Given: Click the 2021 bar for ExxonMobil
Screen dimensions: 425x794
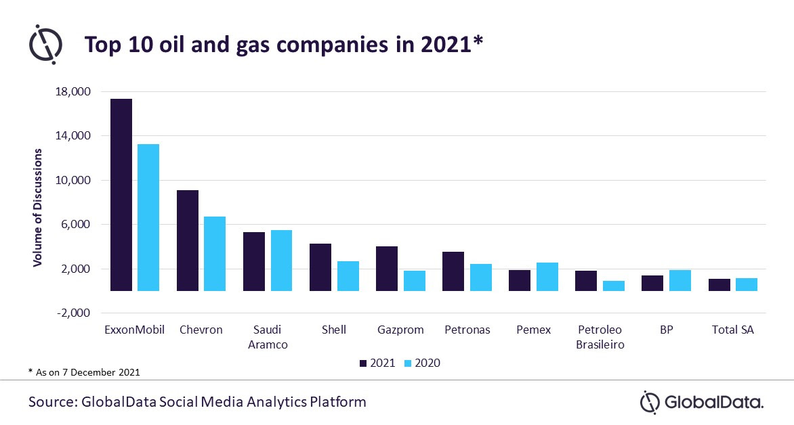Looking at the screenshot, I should pyautogui.click(x=121, y=195).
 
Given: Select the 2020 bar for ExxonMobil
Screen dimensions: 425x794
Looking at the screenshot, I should pyautogui.click(x=148, y=217).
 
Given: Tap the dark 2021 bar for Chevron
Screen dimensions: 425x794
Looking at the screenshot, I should pyautogui.click(x=188, y=240).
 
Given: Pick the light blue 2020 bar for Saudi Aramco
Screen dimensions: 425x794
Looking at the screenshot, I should pyautogui.click(x=281, y=261).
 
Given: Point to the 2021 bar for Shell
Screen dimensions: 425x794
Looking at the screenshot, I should pyautogui.click(x=320, y=267).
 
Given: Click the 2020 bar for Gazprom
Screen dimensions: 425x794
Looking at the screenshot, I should pyautogui.click(x=415, y=281).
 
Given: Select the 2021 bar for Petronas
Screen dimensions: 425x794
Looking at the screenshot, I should pyautogui.click(x=453, y=271).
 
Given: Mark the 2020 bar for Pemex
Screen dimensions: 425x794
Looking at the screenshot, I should pyautogui.click(x=547, y=277).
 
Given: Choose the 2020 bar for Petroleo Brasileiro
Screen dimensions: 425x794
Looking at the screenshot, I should pyautogui.click(x=614, y=286).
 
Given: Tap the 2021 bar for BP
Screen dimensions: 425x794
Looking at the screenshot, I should pyautogui.click(x=652, y=283).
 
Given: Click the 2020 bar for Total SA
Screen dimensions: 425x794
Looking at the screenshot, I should pyautogui.click(x=747, y=284).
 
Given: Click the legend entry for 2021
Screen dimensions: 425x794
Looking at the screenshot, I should pyautogui.click(x=377, y=363).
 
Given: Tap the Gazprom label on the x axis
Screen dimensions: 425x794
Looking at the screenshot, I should pyautogui.click(x=400, y=330).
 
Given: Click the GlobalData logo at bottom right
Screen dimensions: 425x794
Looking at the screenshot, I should pyautogui.click(x=702, y=403).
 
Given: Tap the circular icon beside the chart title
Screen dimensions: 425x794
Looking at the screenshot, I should pyautogui.click(x=45, y=45).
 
